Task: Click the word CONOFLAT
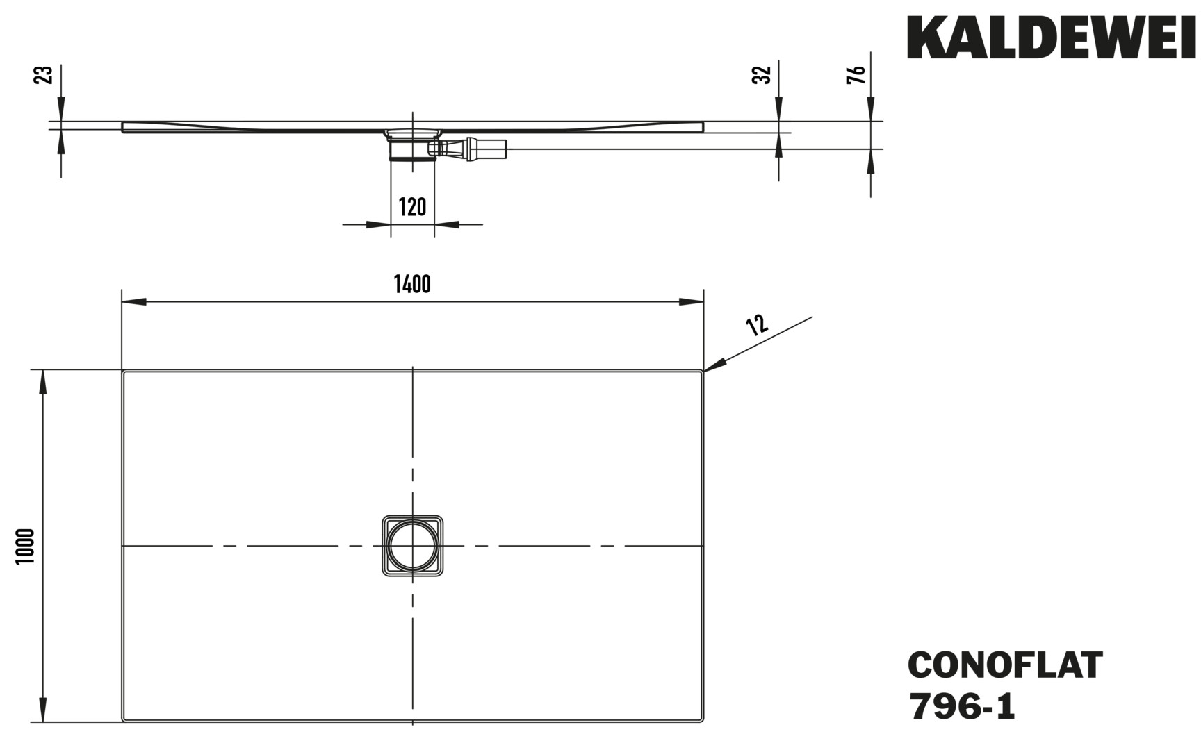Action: [x=1005, y=665]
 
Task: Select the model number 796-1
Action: [x=961, y=707]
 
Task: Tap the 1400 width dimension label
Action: [x=412, y=284]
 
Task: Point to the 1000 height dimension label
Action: [x=26, y=547]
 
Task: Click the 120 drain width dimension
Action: [x=412, y=207]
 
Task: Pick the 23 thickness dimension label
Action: [x=43, y=75]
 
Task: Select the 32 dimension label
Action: [x=762, y=75]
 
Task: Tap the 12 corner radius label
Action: [x=757, y=324]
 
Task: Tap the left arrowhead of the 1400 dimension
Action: [x=134, y=301]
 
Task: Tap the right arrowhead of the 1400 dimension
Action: [x=692, y=301]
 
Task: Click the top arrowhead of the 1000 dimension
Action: [x=44, y=383]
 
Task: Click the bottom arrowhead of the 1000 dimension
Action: [x=44, y=710]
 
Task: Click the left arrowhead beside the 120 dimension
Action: [x=378, y=224]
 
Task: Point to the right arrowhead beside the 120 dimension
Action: [x=447, y=224]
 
